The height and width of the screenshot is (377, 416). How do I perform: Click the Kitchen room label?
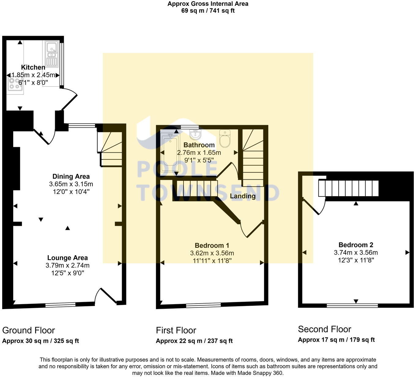[33, 67]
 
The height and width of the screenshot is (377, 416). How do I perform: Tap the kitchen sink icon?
[52, 54]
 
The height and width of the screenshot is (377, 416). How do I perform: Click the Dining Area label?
[71, 177]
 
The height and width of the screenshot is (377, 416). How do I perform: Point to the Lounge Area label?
[67, 258]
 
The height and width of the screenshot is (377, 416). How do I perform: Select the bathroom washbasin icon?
[195, 134]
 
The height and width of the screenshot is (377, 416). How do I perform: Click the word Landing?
[243, 196]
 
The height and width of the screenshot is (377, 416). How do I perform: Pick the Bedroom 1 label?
[212, 245]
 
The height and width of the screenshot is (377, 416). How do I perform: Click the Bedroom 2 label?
[356, 245]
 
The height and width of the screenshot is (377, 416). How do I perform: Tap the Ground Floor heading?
[28, 330]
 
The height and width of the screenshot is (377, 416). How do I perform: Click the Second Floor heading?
[325, 329]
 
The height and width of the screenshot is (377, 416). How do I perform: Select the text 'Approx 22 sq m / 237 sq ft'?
[194, 341]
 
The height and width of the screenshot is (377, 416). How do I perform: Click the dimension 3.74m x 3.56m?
[356, 253]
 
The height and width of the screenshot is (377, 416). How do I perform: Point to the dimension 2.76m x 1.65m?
[199, 153]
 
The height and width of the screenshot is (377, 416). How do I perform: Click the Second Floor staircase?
[349, 188]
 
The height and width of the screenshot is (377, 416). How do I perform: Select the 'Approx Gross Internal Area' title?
[208, 4]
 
